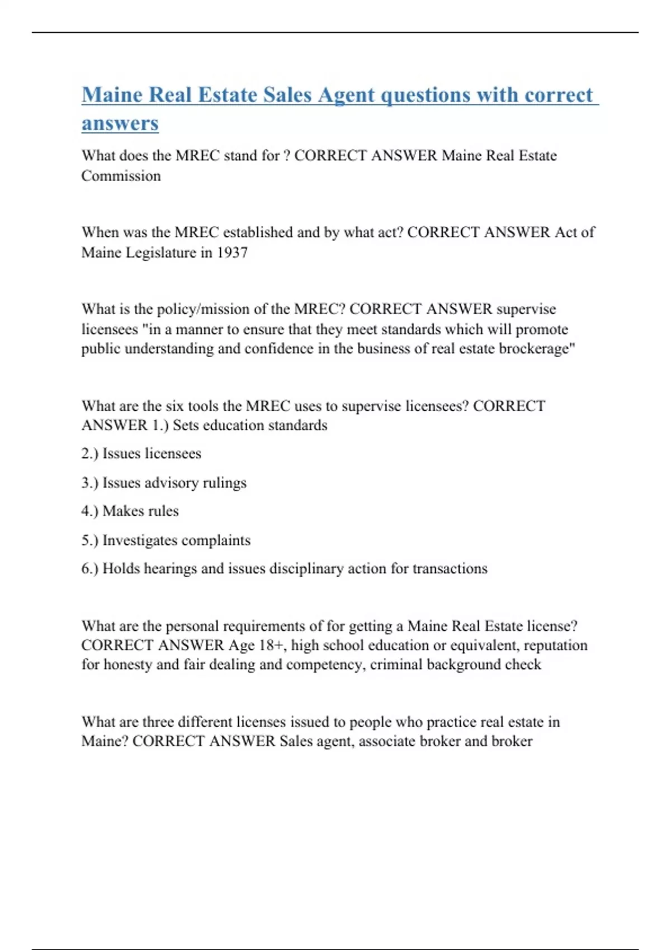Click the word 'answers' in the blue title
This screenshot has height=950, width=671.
coord(120,123)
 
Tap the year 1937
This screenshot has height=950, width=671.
coord(232,253)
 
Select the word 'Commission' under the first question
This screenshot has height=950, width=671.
coord(121,176)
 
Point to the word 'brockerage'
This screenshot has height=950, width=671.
coord(537,349)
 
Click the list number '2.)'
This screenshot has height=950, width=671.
coord(89,453)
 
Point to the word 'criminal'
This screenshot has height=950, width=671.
coord(396,664)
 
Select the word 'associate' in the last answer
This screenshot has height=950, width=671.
coord(386,742)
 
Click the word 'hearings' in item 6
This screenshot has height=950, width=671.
coord(170,569)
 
